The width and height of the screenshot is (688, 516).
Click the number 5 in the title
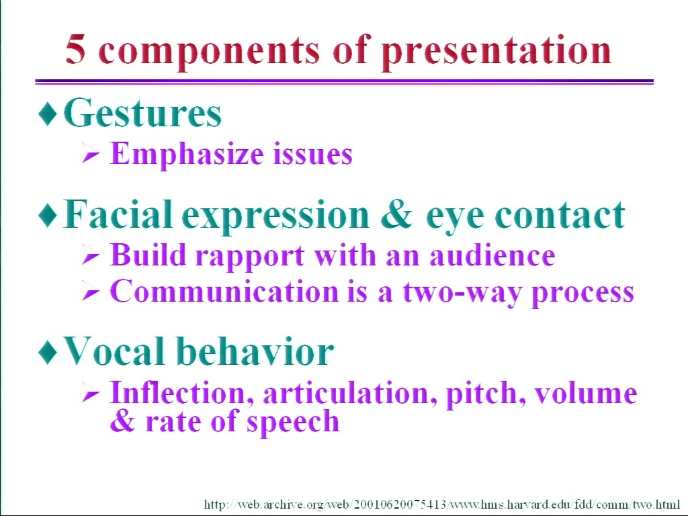click(75, 49)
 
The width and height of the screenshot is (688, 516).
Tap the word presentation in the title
click(497, 52)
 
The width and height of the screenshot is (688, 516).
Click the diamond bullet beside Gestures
click(48, 113)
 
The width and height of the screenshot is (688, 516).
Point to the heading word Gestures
click(142, 113)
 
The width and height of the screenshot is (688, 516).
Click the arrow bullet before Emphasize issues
click(91, 155)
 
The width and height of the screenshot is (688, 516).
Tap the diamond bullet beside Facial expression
click(48, 215)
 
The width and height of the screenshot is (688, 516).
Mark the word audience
click(492, 255)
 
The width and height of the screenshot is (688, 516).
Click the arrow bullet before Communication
click(91, 293)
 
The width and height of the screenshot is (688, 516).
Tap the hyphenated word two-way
click(462, 293)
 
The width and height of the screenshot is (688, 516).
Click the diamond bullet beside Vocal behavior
click(48, 351)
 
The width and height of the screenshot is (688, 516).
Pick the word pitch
click(486, 393)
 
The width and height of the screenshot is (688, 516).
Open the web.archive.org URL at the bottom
click(442, 505)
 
